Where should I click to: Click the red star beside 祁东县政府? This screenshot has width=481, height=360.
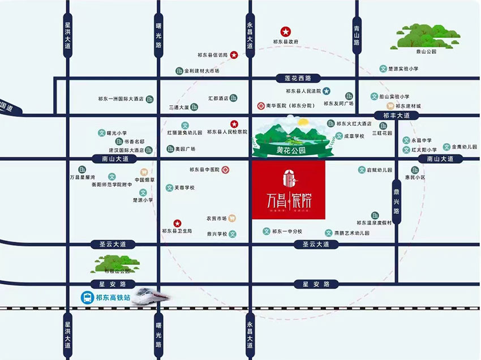coord(286,32)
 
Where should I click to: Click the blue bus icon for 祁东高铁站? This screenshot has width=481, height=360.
coord(87,297)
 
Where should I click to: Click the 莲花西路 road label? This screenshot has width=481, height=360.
coord(298,78)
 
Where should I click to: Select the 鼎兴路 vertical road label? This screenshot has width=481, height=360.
coord(396,201)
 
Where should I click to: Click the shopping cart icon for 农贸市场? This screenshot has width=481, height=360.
coord(231,218)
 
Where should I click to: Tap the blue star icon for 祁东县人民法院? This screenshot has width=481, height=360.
coord(327,91)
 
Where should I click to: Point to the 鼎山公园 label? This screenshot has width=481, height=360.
coord(426,52)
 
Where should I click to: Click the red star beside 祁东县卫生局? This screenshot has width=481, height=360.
coord(177,223)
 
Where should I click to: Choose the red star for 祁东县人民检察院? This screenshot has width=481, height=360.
coord(233,124)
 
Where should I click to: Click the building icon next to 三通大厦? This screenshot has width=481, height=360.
coord(195,106)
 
